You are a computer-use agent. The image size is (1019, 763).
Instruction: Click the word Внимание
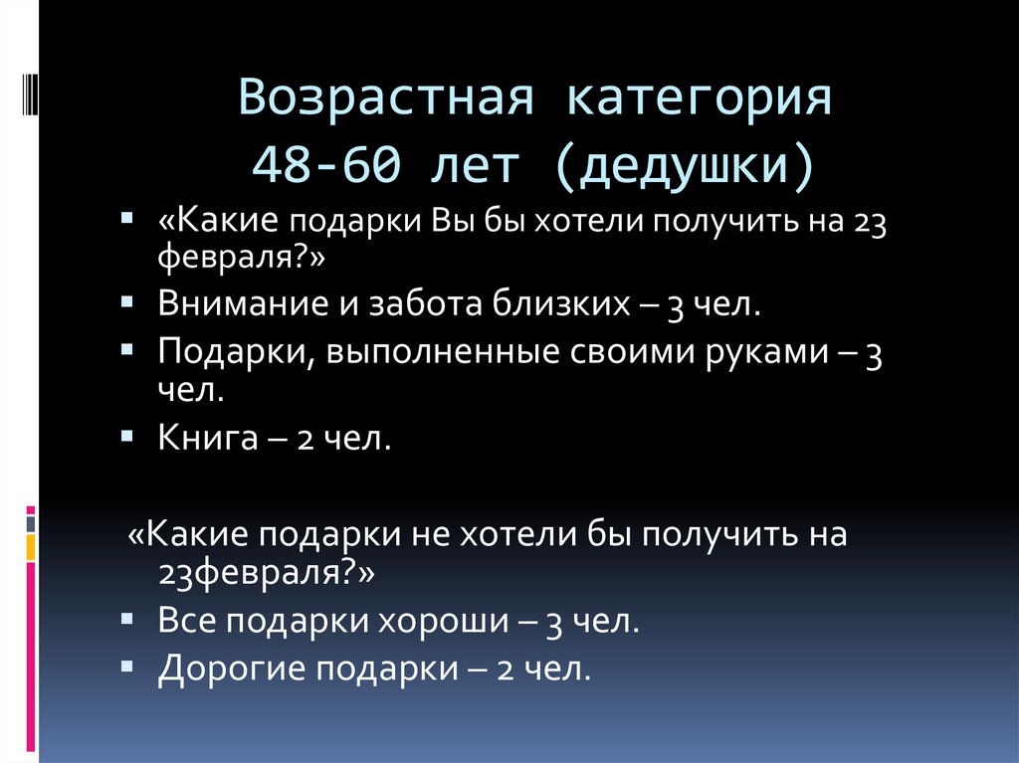coord(235,303)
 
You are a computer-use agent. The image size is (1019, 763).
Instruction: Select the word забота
coord(414,303)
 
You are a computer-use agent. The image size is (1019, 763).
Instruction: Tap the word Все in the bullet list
coord(186,623)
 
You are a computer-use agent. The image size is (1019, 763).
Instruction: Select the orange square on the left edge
coord(31,546)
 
